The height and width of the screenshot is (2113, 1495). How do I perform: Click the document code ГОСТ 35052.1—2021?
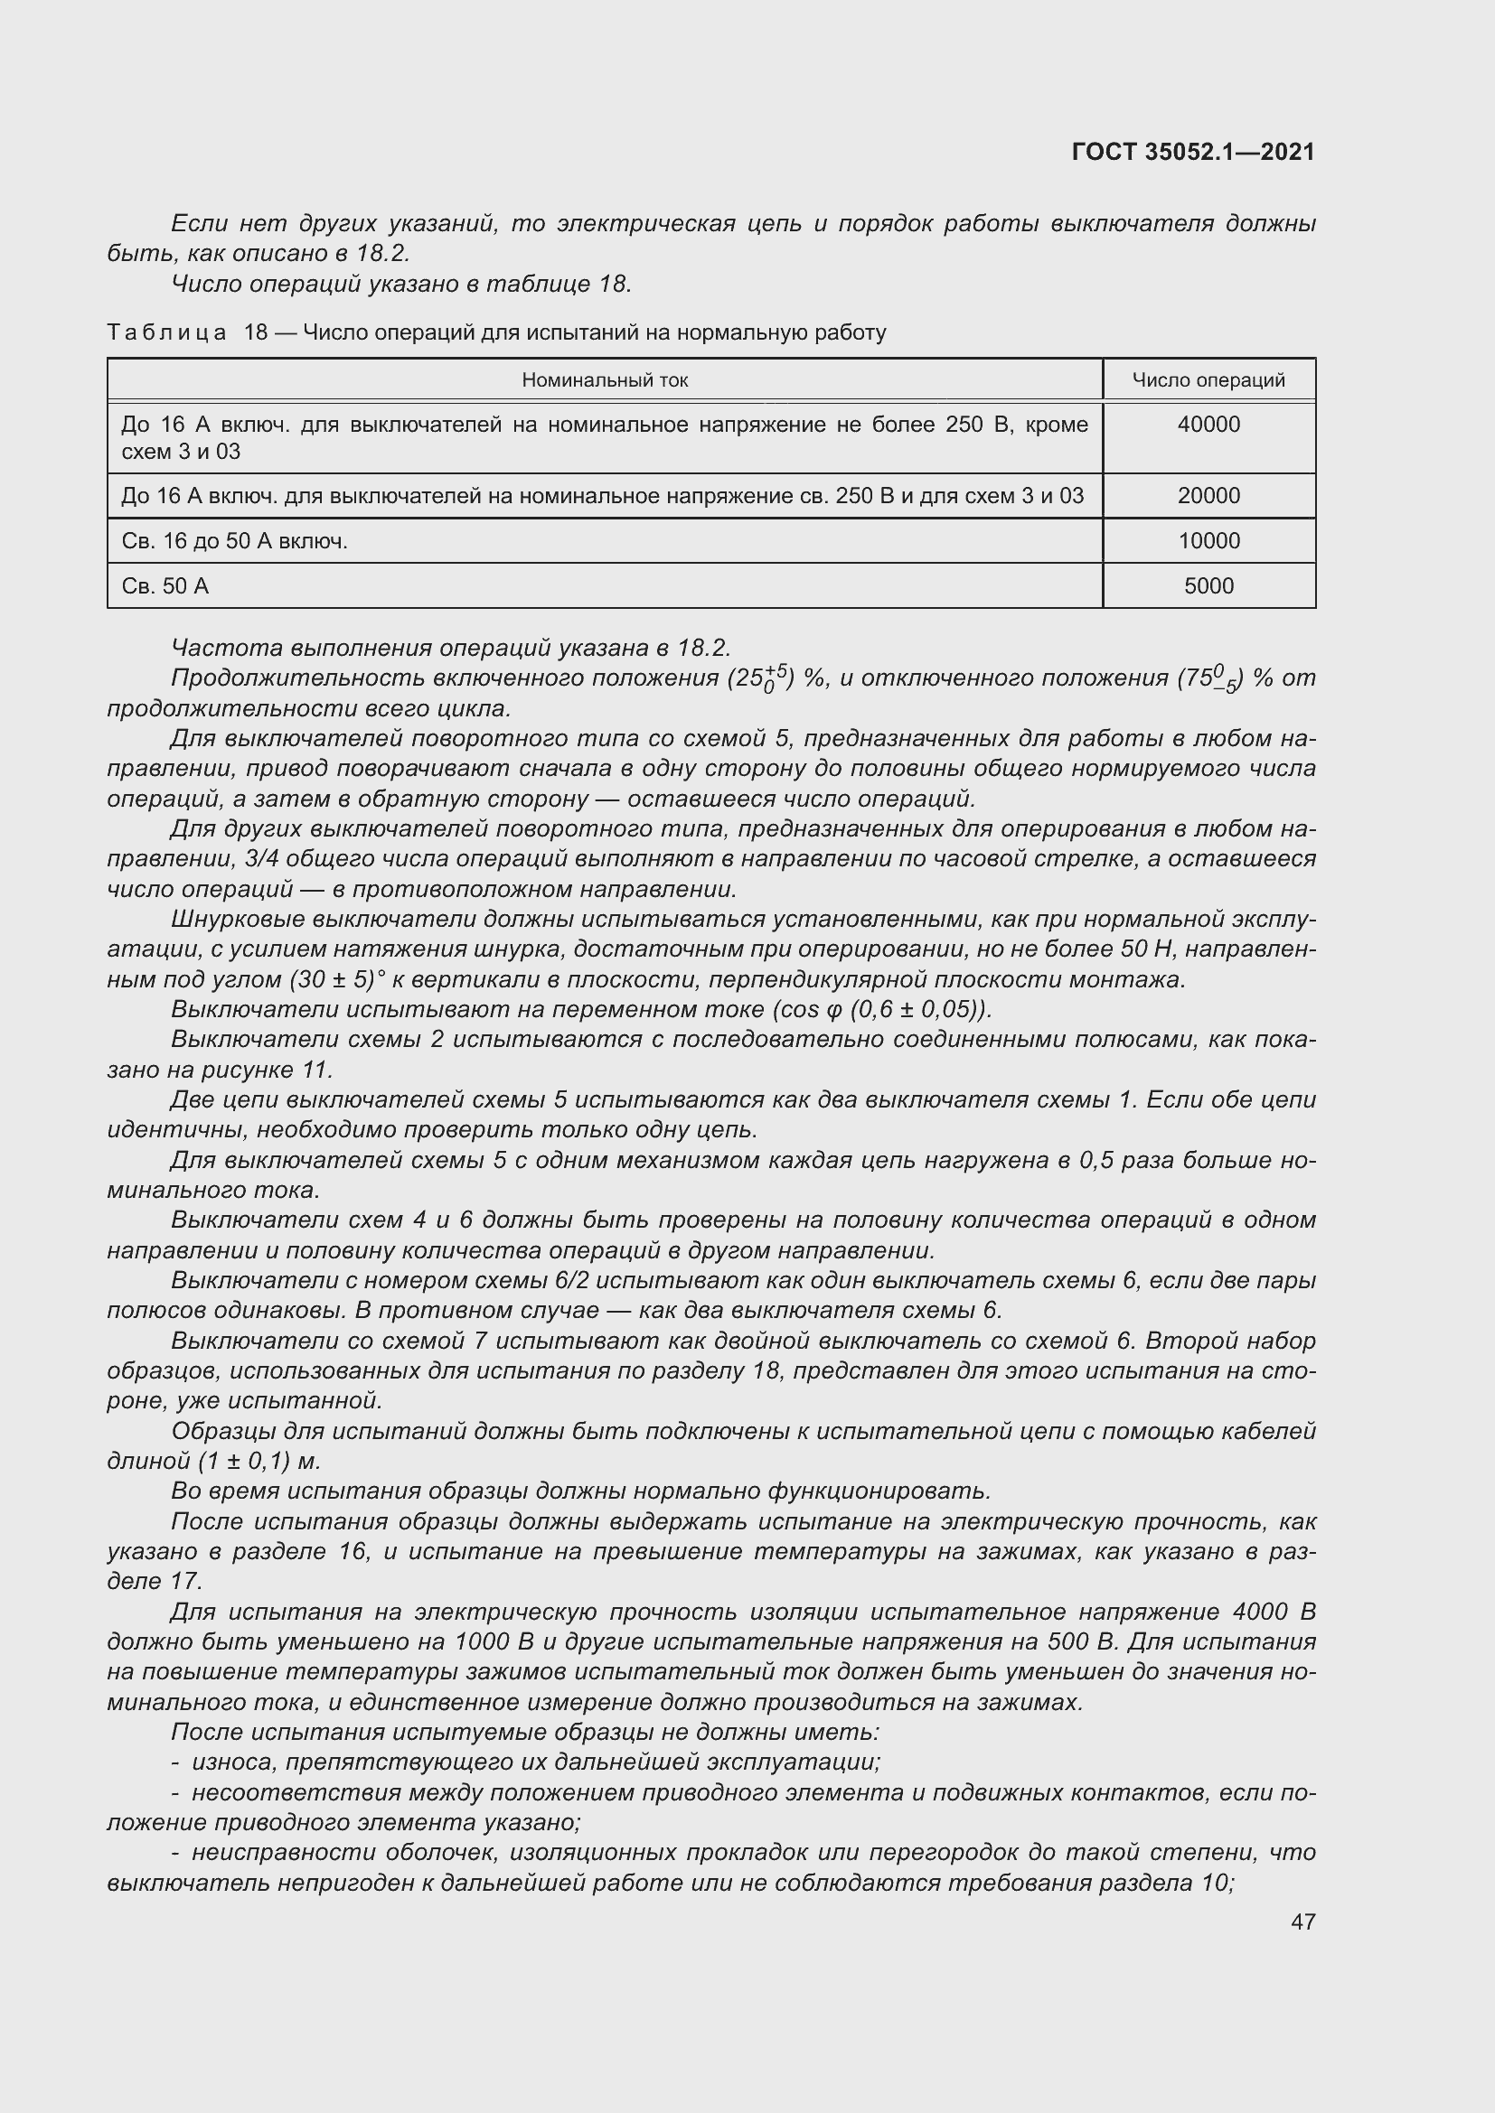pos(1193,152)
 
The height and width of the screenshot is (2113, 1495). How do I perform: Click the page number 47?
pos(1302,1921)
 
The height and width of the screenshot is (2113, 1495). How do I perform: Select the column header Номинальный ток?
pos(605,380)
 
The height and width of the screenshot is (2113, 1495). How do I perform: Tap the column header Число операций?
pos(1208,380)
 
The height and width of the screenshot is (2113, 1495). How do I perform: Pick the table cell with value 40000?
pos(1208,425)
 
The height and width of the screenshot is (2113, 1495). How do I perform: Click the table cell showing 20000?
pos(1208,496)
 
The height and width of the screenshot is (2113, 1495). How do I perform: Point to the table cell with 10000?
pos(1208,541)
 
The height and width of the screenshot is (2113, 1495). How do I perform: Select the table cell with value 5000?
pos(1208,586)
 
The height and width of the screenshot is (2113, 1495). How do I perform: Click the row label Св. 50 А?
pos(165,586)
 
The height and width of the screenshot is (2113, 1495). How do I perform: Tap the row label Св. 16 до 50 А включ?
pos(234,541)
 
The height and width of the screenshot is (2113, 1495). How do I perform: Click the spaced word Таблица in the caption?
pos(166,332)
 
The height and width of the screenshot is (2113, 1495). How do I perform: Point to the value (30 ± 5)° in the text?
pos(337,979)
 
